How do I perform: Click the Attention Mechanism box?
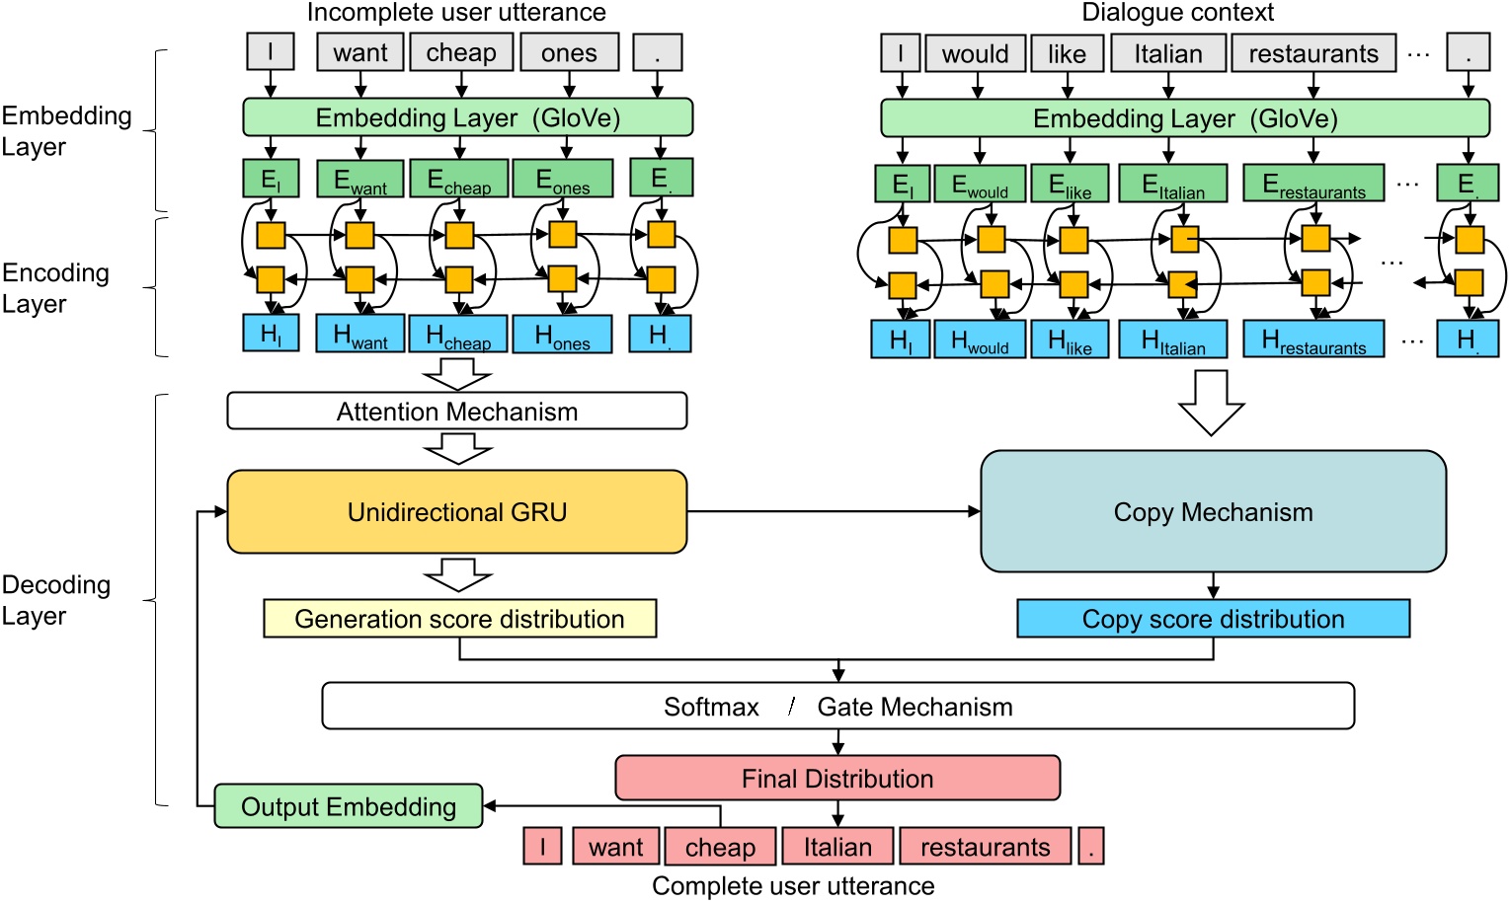tap(456, 412)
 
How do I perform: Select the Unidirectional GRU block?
tap(456, 512)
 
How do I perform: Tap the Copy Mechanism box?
tap(1213, 512)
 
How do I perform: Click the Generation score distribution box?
tap(459, 619)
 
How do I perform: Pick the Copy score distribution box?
tap(1213, 619)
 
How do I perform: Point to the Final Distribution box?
tap(837, 779)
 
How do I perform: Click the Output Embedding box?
tap(348, 806)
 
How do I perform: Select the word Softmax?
tap(711, 707)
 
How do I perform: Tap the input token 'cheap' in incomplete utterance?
tap(461, 53)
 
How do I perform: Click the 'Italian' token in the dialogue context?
tap(1168, 53)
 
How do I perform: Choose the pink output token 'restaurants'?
tap(985, 847)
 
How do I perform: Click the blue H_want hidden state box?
tap(359, 335)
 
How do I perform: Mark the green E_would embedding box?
tap(979, 185)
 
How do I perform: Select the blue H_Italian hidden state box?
tap(1172, 340)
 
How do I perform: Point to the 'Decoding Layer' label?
tap(55, 599)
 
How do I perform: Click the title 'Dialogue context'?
tap(1177, 13)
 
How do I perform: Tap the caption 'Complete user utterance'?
tap(792, 886)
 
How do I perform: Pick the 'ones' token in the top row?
tap(569, 53)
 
